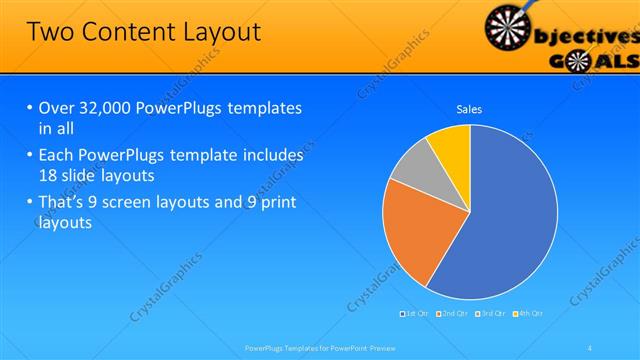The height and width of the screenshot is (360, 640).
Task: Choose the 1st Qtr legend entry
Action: (415, 313)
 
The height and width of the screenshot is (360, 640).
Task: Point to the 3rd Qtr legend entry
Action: (491, 313)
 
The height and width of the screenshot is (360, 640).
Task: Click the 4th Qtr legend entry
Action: (529, 313)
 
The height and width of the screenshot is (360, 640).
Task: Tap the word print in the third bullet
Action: (277, 203)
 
